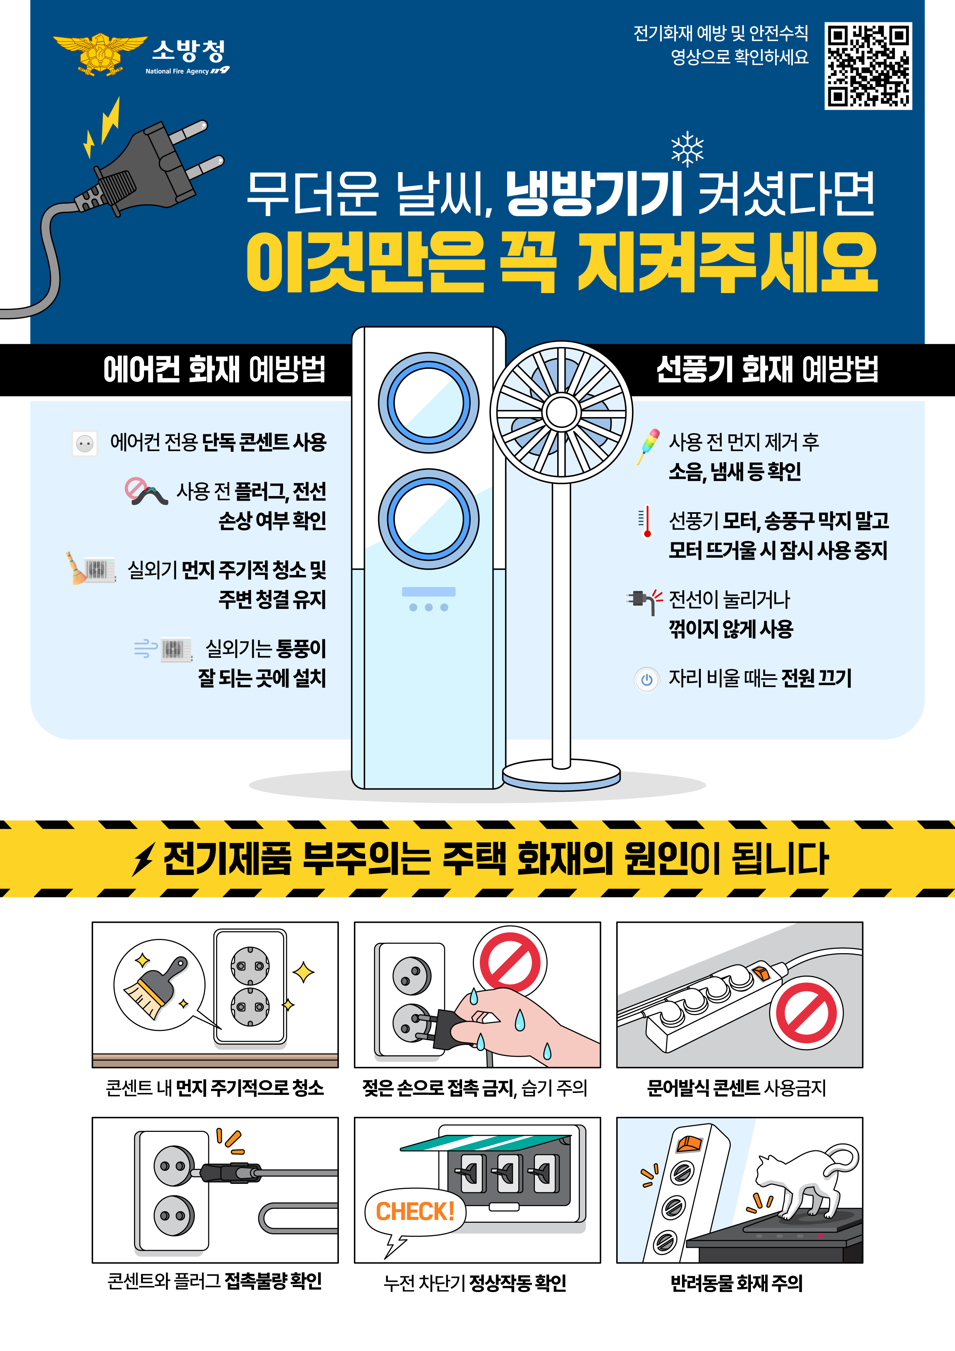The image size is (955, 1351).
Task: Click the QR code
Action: click(868, 66)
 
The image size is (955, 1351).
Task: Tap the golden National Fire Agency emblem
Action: click(100, 54)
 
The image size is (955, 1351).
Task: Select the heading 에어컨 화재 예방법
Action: click(214, 370)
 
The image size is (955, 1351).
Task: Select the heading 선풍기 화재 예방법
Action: click(767, 370)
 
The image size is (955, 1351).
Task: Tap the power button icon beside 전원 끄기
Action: click(647, 680)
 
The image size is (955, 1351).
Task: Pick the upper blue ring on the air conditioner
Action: click(428, 403)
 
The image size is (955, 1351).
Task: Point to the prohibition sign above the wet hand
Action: click(509, 963)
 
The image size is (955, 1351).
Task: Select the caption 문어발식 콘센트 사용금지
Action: click(737, 1088)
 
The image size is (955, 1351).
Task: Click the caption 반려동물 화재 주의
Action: click(737, 1283)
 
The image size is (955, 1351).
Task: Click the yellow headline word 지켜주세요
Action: click(727, 262)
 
